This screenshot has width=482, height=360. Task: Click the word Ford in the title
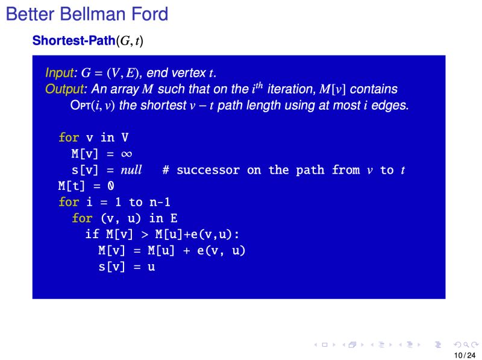[150, 14]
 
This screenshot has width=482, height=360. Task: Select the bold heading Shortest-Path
[74, 41]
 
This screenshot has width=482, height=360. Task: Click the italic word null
[131, 170]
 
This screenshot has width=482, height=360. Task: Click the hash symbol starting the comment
[166, 170]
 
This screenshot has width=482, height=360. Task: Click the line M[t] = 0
[86, 186]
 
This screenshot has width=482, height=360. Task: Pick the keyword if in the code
[92, 234]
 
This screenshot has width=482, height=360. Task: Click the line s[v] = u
[127, 266]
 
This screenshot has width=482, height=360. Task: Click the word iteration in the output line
[292, 89]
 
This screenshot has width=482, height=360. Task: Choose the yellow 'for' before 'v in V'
[69, 137]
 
